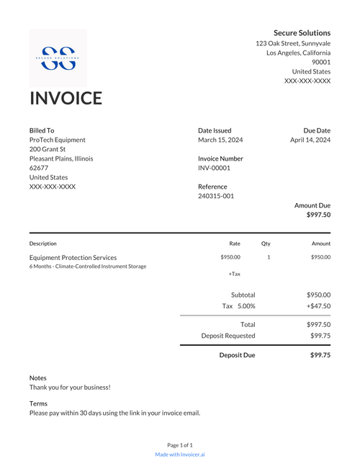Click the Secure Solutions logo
(58, 58)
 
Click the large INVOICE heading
(66, 99)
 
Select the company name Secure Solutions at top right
(302, 33)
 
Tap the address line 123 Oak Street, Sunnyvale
(293, 43)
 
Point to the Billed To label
(42, 130)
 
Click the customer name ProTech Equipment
(58, 140)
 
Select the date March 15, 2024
(220, 140)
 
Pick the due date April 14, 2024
(310, 140)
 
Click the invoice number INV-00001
(214, 168)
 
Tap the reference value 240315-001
(216, 196)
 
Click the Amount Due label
(312, 205)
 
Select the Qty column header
(266, 243)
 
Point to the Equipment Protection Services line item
(73, 257)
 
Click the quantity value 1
(269, 257)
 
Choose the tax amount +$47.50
(318, 306)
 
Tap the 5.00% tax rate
(246, 306)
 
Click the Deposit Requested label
(228, 336)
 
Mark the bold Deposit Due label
(237, 355)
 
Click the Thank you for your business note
(70, 387)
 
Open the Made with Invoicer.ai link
(180, 454)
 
